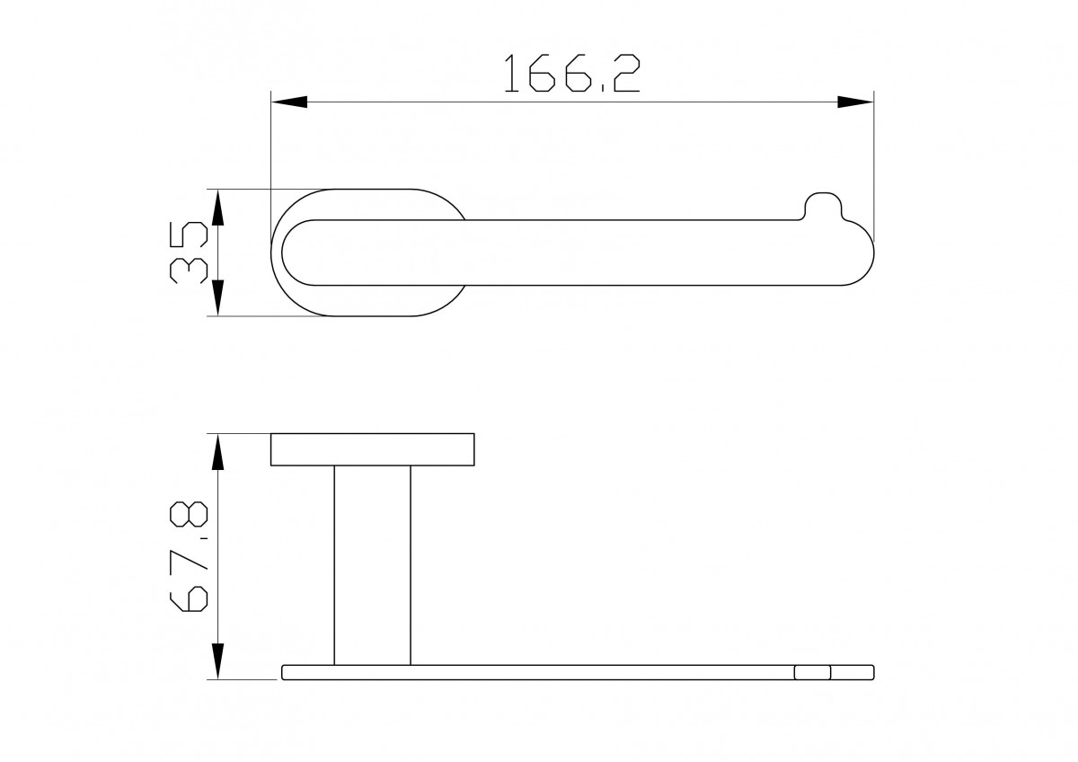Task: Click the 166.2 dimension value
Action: (x=572, y=73)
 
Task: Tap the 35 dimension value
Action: (x=188, y=253)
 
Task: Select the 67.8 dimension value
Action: (x=189, y=556)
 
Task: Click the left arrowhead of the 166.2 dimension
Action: (x=289, y=102)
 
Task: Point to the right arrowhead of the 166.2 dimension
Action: (x=855, y=102)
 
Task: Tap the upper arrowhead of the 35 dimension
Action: (x=218, y=208)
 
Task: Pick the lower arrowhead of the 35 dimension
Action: (x=218, y=298)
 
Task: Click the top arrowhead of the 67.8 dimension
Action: (x=218, y=451)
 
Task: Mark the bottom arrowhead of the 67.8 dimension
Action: (x=218, y=661)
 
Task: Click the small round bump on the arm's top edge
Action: (x=824, y=205)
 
